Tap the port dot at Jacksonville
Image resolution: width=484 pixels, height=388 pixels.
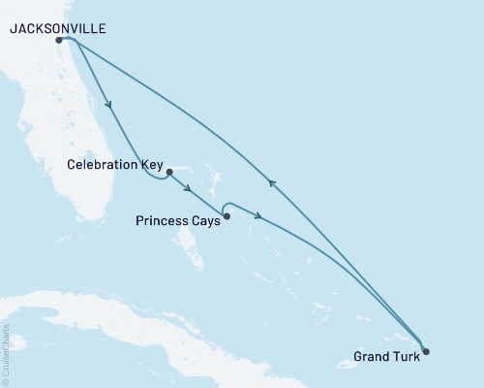click(x=60, y=41)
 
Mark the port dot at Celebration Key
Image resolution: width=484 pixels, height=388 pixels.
click(x=169, y=173)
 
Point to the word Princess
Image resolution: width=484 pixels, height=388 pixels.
click(x=163, y=220)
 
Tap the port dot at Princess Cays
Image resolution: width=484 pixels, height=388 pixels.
click(x=227, y=216)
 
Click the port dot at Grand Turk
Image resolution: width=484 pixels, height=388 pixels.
click(x=425, y=351)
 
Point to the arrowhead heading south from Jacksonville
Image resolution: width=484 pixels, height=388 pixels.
click(x=112, y=106)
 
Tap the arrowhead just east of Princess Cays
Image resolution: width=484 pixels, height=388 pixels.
click(x=258, y=216)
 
